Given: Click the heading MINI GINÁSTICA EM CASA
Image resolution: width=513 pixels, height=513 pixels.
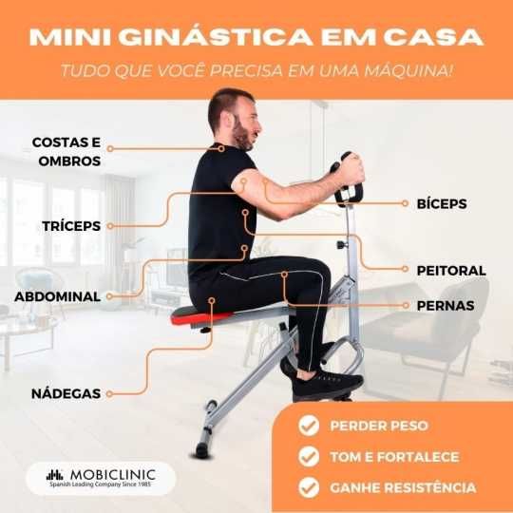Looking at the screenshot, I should [x=256, y=38].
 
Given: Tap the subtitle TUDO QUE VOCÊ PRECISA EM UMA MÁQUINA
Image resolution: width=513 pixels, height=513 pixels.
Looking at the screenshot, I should [x=256, y=72].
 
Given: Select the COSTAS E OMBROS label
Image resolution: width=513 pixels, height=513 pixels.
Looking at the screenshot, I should [x=66, y=151].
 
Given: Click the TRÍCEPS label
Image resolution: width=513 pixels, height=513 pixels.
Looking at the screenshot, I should [x=71, y=226].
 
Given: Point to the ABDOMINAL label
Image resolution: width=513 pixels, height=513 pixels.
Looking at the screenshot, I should [x=57, y=296].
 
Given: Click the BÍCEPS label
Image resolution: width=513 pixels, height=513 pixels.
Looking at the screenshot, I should [x=442, y=203].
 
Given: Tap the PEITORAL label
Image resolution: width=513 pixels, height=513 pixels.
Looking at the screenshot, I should [x=450, y=271].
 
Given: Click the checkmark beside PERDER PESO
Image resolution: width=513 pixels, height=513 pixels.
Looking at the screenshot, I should [x=308, y=426].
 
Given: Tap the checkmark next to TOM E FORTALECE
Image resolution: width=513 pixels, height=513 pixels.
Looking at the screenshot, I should [x=308, y=457].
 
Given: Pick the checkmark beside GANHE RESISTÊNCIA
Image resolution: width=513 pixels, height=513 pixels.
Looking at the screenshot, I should [x=308, y=487].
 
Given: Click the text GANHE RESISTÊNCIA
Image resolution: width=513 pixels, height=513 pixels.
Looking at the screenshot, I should [x=403, y=487].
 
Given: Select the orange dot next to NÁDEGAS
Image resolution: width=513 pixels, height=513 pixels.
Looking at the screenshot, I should [x=110, y=392].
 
